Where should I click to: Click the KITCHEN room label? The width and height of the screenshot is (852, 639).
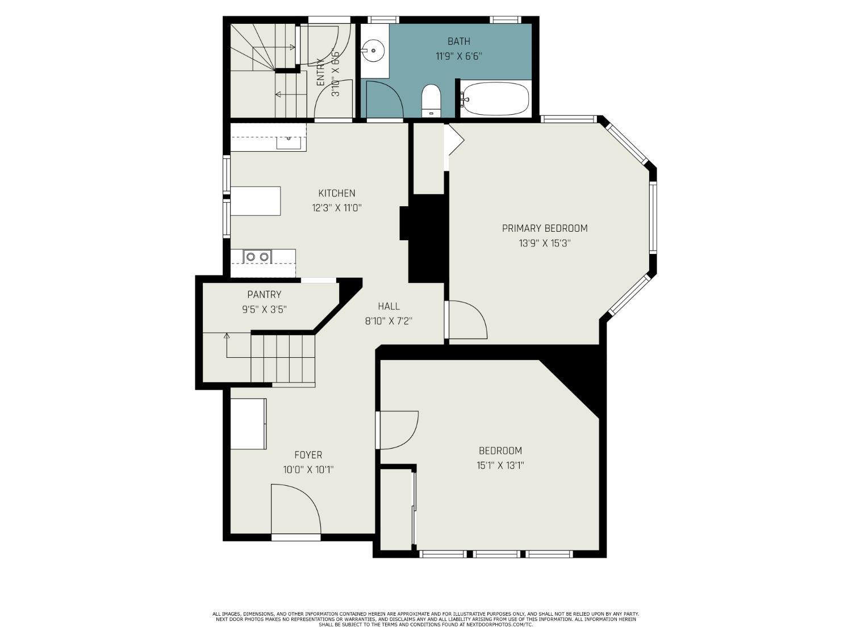pos(336,193)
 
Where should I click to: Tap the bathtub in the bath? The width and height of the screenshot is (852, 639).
pos(496,98)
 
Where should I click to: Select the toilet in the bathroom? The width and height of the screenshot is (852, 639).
pos(431,100)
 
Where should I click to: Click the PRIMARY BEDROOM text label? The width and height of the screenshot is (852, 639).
pos(545,228)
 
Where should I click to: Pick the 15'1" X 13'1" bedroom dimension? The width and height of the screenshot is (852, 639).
pos(500,465)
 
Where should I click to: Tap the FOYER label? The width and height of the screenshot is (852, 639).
pos(308,455)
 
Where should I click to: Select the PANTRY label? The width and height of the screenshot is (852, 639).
pos(264,294)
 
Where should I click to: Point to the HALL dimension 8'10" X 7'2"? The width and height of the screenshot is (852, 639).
pos(389,321)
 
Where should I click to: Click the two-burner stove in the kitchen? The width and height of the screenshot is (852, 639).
pos(257,257)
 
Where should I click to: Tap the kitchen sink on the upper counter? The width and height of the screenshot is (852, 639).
pos(289,143)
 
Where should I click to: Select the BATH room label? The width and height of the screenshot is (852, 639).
pos(459,41)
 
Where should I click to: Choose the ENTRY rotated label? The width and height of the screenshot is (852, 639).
pos(320,72)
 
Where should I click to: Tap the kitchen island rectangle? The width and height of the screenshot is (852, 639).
pos(256,201)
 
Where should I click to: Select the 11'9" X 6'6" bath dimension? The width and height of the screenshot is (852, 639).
pos(459,56)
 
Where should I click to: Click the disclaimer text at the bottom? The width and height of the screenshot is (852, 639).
pos(426,619)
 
